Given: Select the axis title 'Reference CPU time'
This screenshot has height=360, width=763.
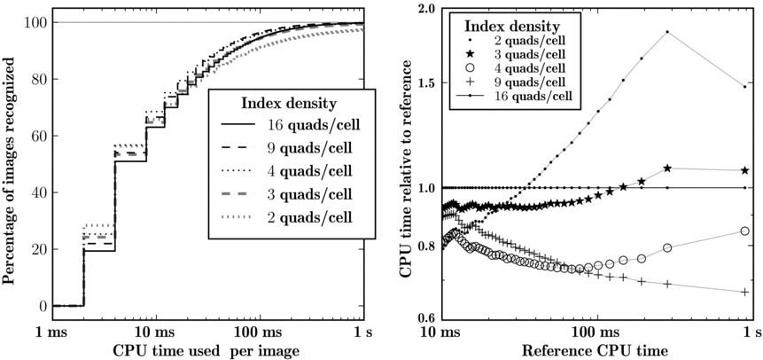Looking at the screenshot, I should click(x=596, y=349).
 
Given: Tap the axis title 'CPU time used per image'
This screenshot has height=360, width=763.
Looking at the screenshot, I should click(x=206, y=349).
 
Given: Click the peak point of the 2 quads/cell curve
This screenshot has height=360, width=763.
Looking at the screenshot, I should click(x=666, y=33).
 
